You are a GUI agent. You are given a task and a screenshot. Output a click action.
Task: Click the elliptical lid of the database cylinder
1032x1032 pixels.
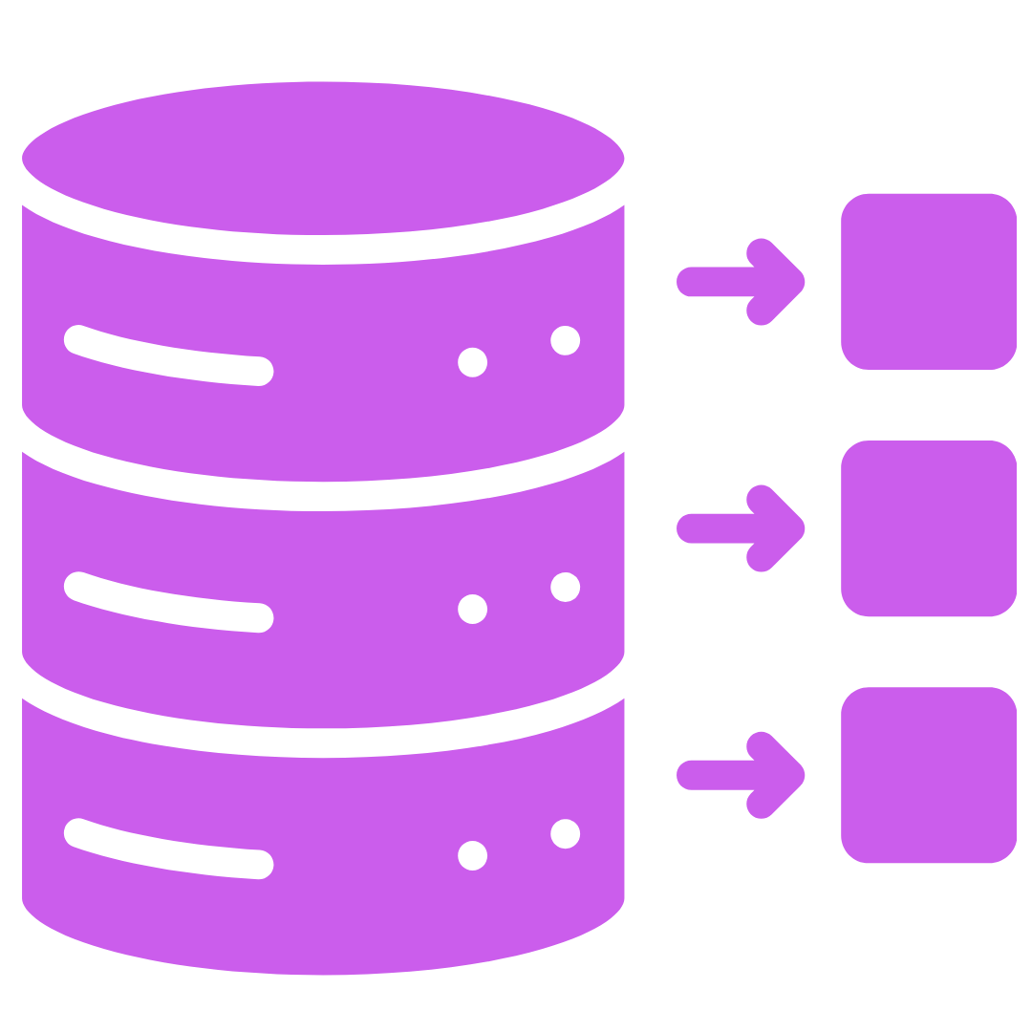point(323,158)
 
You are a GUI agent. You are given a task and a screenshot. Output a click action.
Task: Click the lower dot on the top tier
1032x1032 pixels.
point(472,362)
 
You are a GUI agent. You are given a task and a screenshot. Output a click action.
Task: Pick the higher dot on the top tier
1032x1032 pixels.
point(566,340)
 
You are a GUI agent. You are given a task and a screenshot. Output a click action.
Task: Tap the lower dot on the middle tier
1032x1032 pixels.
point(472,609)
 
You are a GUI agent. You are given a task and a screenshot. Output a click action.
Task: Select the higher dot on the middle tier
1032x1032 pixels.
point(566,587)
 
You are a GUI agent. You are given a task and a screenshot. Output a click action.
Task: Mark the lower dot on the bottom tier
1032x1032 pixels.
point(472,855)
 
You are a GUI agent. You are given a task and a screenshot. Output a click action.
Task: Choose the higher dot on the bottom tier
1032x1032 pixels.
point(566,833)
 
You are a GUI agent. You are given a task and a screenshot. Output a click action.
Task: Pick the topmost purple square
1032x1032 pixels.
point(928,281)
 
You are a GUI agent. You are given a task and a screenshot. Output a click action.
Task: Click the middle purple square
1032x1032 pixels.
point(928,527)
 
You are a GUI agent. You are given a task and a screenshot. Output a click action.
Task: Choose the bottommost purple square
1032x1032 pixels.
point(928,774)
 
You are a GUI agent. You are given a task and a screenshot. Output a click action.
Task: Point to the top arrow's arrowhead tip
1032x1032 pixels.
point(801,282)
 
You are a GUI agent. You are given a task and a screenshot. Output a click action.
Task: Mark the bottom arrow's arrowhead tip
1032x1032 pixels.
point(801,775)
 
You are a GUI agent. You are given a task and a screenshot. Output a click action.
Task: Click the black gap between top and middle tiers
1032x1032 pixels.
point(323,495)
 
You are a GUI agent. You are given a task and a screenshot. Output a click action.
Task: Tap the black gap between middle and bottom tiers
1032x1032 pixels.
point(323,742)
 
